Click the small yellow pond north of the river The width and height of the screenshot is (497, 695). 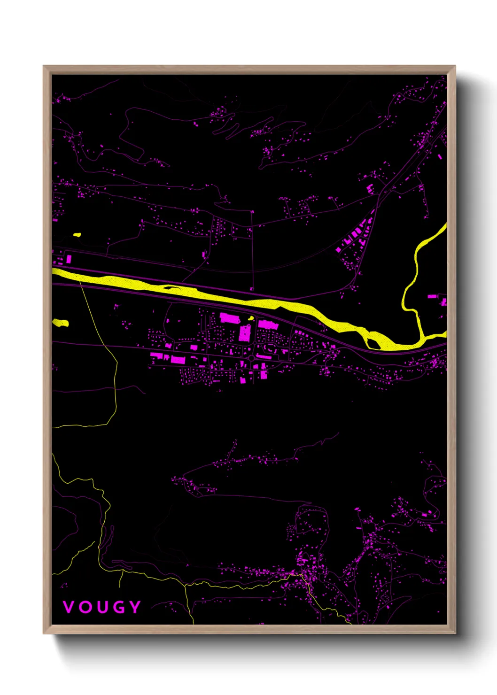click(77, 235)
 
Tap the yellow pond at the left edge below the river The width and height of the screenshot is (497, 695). click(61, 323)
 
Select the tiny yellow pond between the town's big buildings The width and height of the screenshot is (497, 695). click(251, 318)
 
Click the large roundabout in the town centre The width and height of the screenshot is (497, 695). click(252, 358)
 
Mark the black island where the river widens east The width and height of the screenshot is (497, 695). click(373, 345)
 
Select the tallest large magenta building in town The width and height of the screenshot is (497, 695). click(245, 332)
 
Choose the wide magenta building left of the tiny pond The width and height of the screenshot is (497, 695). click(230, 318)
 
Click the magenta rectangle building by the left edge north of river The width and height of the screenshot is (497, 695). click(69, 259)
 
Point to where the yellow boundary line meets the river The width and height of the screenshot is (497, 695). click(81, 281)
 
